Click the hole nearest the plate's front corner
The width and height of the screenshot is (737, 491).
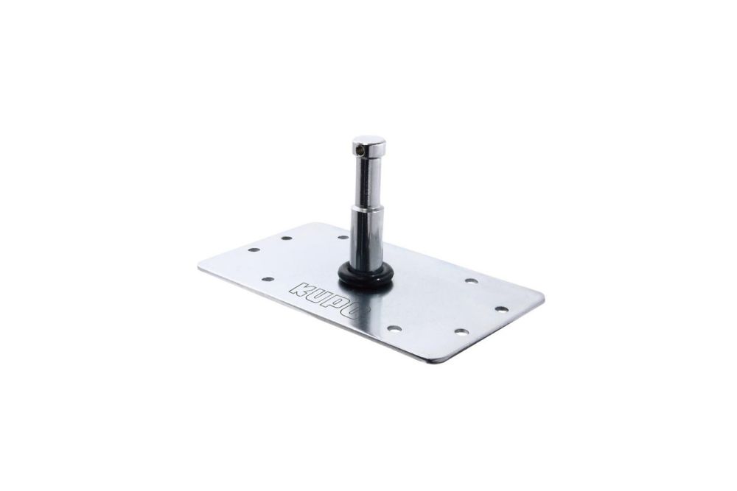tap(460, 331)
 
